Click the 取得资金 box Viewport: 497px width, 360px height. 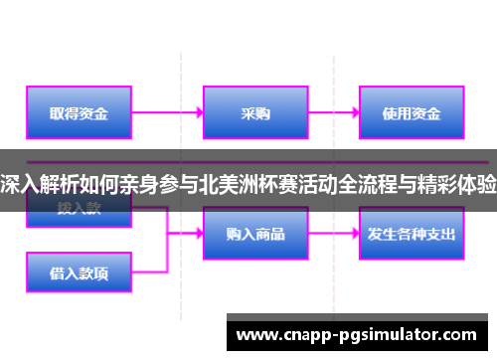[x=79, y=112]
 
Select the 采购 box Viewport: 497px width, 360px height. [x=255, y=112]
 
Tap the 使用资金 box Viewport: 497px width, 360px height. [x=411, y=112]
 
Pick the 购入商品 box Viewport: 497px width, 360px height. [x=255, y=234]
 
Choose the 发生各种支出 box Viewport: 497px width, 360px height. [x=411, y=234]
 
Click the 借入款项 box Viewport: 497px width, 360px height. [x=79, y=270]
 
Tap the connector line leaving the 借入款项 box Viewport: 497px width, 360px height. [x=149, y=270]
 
